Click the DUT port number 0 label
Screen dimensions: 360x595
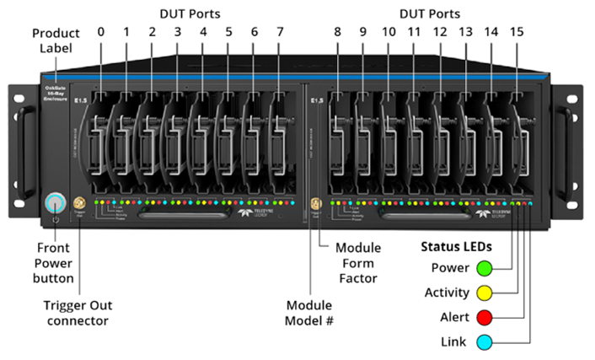(101, 32)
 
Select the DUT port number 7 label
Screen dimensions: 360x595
(280, 32)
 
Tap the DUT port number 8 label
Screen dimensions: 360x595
(337, 32)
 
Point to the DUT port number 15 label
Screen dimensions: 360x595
(517, 32)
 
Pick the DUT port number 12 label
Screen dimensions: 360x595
(440, 32)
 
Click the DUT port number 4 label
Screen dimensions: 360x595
(203, 32)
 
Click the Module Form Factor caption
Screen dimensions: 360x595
(358, 262)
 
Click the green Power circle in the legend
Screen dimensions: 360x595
(484, 269)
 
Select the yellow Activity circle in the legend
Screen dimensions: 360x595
(484, 293)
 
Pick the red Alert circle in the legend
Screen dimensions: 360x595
(484, 317)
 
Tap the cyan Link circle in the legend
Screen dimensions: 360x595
(484, 341)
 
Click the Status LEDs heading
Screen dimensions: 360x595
(456, 247)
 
